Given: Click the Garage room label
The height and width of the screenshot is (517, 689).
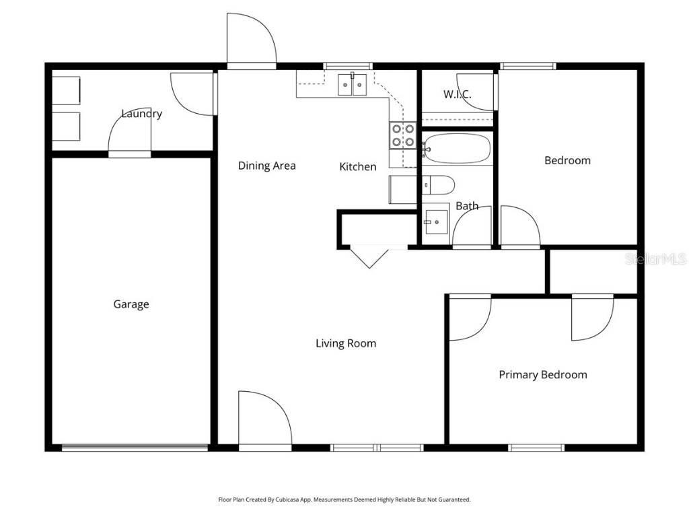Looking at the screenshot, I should [131, 304].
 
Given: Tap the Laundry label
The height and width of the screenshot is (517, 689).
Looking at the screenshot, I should [141, 114].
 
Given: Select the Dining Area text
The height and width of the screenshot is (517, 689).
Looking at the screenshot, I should [266, 166].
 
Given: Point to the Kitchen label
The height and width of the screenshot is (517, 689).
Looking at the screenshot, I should [357, 166].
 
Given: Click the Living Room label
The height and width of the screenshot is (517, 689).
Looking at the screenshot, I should [346, 343].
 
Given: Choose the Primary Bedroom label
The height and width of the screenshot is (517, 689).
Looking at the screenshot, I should [542, 375].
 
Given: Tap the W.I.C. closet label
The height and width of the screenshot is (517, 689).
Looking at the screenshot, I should [457, 94].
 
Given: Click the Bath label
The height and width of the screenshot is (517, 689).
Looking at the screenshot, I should [467, 206].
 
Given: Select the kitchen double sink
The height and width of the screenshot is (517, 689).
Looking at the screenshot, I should [352, 85].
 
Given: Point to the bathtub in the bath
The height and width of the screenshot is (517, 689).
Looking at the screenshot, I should [457, 149].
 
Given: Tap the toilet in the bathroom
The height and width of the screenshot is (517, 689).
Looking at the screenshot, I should [438, 184].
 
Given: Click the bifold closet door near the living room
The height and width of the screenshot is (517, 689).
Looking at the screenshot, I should [369, 256].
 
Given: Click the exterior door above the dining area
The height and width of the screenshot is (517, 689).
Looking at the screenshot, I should [251, 40].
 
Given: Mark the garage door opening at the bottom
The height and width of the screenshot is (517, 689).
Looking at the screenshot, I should [135, 447].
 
